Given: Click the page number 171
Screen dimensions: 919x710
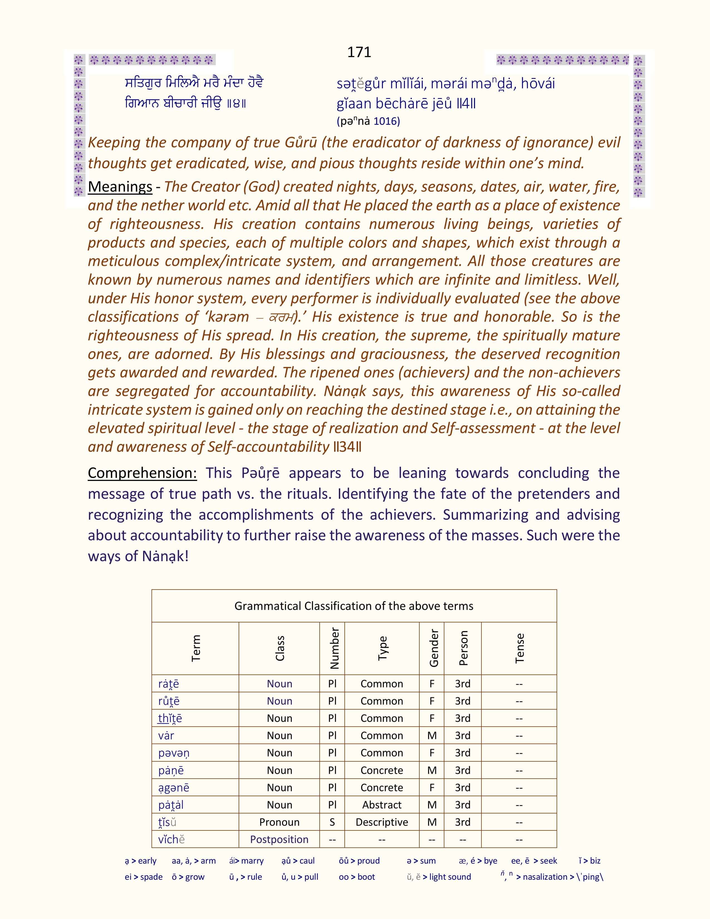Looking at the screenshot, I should coord(359,52).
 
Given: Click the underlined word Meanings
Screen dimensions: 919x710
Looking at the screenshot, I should coord(120,186).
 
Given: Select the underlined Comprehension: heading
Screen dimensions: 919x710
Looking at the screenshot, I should coord(142,473).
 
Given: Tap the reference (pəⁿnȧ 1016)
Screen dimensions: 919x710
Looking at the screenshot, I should coord(368,121).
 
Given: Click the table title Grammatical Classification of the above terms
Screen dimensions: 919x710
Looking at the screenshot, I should coord(354,606).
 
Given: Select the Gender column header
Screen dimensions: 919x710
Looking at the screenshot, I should coord(434,648).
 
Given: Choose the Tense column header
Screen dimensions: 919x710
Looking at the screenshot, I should coord(520,648).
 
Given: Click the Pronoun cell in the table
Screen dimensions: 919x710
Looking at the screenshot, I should coord(279,822).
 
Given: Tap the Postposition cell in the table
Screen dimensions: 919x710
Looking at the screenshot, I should coord(279,839).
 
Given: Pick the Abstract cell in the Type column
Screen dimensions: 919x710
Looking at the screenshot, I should coord(381,805).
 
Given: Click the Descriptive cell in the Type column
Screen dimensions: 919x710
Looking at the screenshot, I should coord(381,822).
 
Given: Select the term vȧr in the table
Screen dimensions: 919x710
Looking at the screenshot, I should coord(166,735).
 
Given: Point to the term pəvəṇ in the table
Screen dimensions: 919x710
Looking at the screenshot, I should coord(174,753).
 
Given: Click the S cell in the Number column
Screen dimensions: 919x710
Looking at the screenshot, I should coord(332,822).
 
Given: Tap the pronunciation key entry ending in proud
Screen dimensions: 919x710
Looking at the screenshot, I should coord(359,861).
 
